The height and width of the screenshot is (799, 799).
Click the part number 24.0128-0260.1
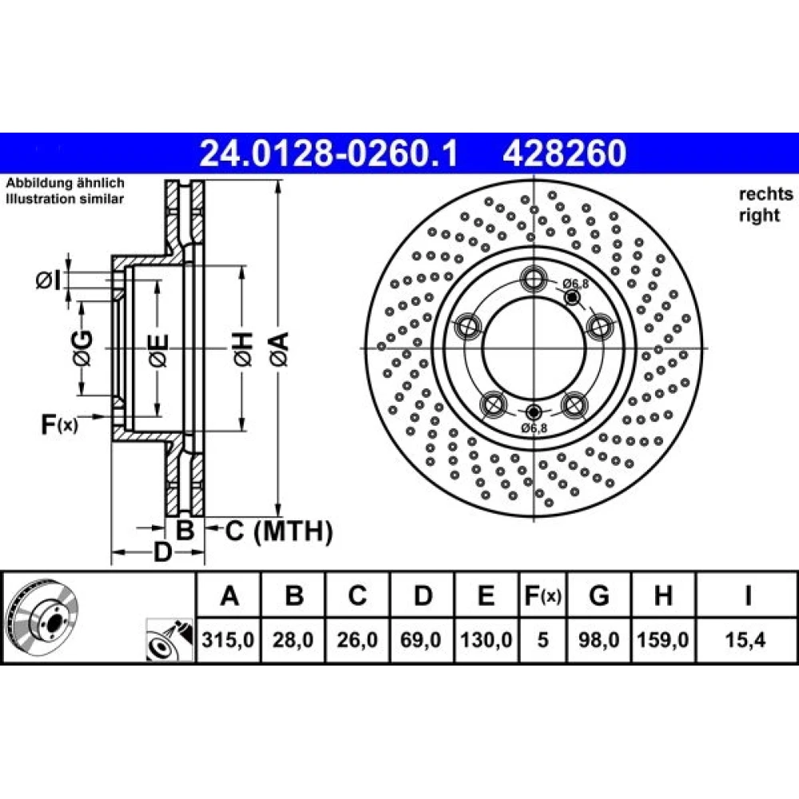pos(328,153)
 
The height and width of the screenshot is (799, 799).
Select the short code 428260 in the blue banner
pos(565,153)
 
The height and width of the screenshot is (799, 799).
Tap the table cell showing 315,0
pos(228,639)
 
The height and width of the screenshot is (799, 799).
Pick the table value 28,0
pos(293,639)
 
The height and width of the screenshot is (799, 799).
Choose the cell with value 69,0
pos(421,639)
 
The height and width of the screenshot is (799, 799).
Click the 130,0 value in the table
pos(486,639)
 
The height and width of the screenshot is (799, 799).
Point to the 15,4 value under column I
pos(745,639)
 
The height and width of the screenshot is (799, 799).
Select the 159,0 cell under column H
pos(663,639)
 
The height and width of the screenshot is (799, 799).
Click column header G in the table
pos(598,595)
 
